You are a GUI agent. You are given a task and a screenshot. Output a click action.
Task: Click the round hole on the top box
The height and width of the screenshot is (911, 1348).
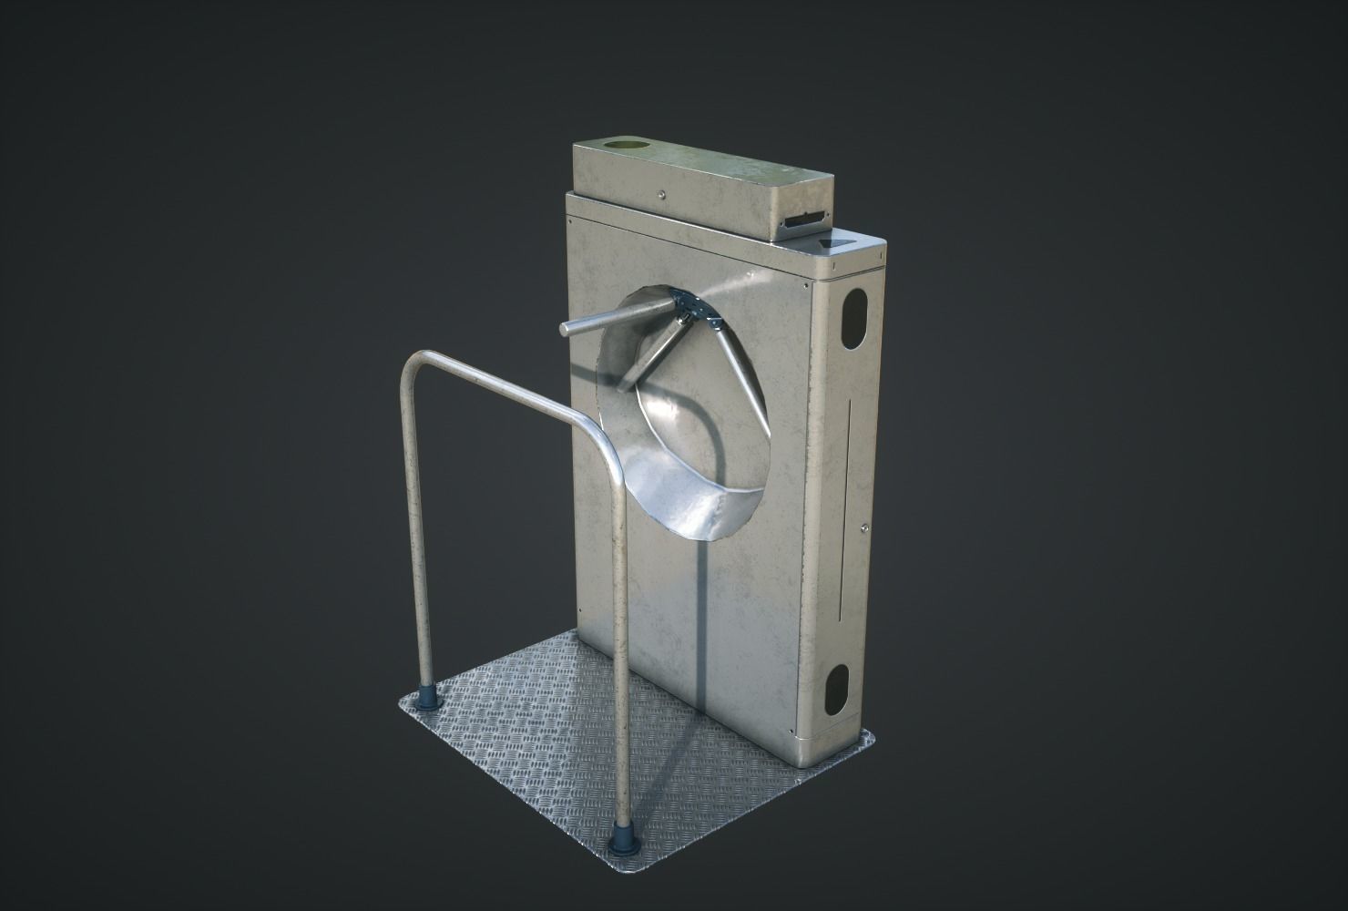point(622,146)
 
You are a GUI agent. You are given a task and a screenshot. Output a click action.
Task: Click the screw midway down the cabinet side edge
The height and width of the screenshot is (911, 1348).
point(861,526)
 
